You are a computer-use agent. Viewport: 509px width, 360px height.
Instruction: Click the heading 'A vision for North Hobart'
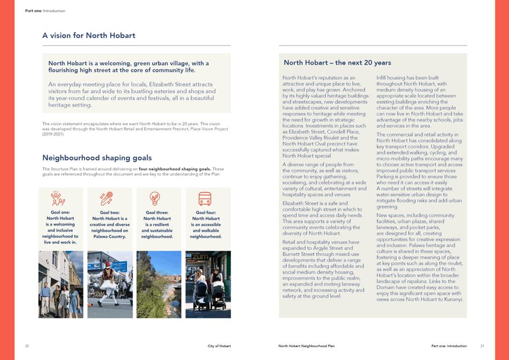88,36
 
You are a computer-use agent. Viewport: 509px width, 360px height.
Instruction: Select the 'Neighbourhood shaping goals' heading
97,158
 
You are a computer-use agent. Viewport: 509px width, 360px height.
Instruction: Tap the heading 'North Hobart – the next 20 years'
337,63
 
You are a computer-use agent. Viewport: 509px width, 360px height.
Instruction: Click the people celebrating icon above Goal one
58,198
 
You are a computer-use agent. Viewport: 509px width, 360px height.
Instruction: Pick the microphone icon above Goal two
107,198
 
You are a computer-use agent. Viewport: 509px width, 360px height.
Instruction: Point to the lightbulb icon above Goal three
155,198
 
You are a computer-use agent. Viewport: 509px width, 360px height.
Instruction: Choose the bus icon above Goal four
205,199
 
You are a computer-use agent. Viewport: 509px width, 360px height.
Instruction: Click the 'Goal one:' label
60,212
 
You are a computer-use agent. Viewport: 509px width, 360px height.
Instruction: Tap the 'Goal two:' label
110,212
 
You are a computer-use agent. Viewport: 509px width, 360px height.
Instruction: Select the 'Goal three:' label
157,212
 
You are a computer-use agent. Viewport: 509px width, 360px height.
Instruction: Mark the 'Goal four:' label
206,212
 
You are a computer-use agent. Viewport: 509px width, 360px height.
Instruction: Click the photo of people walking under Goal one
60,285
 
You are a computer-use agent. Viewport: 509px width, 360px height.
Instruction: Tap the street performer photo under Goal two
110,285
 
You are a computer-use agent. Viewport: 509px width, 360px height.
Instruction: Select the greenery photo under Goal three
159,285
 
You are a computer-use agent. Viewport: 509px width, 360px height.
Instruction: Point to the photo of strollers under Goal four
208,285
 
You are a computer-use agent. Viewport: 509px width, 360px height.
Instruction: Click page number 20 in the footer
27,346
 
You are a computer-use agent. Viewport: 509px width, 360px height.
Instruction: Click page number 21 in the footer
482,346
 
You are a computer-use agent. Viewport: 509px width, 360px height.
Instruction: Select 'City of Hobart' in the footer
219,346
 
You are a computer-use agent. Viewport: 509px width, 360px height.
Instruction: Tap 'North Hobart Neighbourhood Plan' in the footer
306,346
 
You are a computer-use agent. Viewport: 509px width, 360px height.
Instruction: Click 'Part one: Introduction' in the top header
45,11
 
